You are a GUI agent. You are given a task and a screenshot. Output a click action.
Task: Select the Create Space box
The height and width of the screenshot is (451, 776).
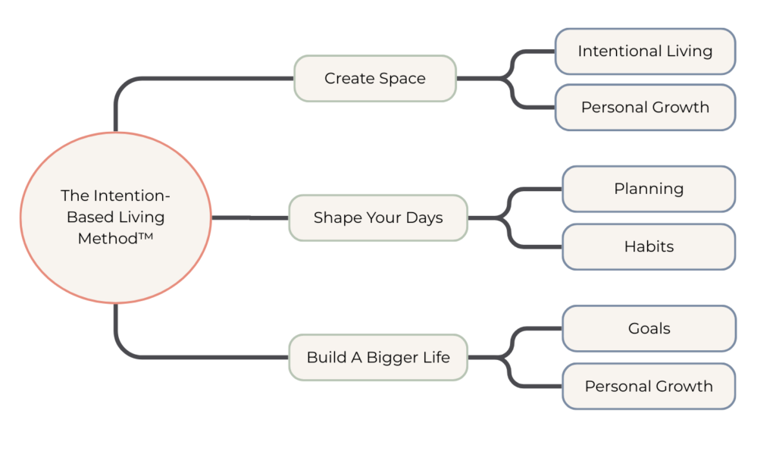375,78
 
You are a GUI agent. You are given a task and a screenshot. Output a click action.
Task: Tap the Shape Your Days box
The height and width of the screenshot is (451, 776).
378,218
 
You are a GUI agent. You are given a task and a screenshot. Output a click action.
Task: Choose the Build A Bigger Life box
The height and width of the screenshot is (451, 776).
378,357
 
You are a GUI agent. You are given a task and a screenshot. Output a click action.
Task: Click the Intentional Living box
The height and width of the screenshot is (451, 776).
645,52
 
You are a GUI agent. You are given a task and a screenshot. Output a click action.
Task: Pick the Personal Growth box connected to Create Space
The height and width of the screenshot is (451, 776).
645,107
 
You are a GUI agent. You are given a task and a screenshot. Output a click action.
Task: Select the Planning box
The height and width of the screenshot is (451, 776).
649,189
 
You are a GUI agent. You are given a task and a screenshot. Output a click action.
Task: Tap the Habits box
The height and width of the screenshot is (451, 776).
649,246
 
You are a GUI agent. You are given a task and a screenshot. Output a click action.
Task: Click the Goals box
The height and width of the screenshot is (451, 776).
649,328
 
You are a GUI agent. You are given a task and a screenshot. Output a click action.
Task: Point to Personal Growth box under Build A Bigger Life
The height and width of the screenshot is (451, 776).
649,386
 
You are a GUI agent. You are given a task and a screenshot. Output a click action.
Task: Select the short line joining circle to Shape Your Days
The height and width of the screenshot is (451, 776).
250,218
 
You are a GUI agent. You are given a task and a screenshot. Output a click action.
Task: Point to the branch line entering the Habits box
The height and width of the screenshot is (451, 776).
538,246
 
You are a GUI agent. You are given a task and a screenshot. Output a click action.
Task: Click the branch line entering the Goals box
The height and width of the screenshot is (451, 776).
538,328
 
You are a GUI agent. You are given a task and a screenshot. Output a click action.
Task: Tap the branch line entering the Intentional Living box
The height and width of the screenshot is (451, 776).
534,52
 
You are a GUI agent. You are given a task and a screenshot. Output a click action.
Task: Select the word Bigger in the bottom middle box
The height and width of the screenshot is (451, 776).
392,357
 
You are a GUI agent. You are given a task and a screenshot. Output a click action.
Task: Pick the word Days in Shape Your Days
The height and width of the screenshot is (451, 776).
424,218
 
